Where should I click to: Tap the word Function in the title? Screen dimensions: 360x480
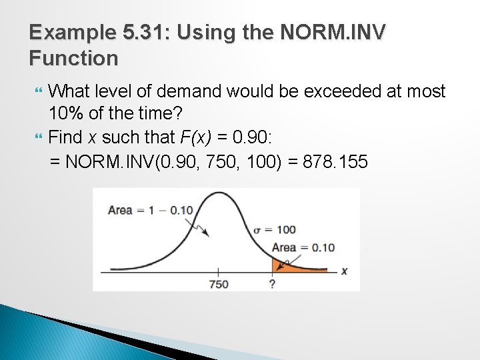[73, 59]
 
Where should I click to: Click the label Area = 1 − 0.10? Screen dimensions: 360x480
[150, 210]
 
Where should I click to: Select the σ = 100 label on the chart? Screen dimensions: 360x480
[274, 230]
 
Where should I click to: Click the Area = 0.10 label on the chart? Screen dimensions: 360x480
[303, 247]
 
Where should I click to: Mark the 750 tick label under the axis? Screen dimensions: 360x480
[218, 284]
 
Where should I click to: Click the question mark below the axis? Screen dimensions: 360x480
[272, 284]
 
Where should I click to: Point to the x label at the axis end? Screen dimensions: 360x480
[344, 271]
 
